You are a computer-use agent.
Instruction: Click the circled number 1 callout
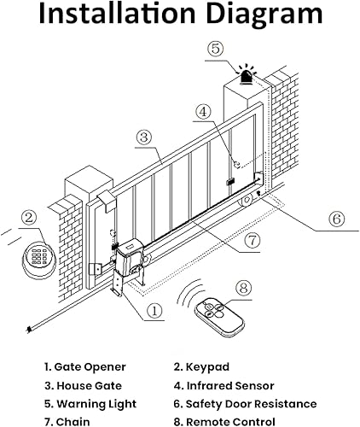[154, 311]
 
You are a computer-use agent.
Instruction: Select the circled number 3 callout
[144, 137]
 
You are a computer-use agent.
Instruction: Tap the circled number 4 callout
[202, 111]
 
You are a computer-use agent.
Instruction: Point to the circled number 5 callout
[217, 49]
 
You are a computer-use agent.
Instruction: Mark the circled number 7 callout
[252, 241]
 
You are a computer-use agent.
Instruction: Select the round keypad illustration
[38, 255]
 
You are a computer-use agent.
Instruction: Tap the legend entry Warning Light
[90, 403]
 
